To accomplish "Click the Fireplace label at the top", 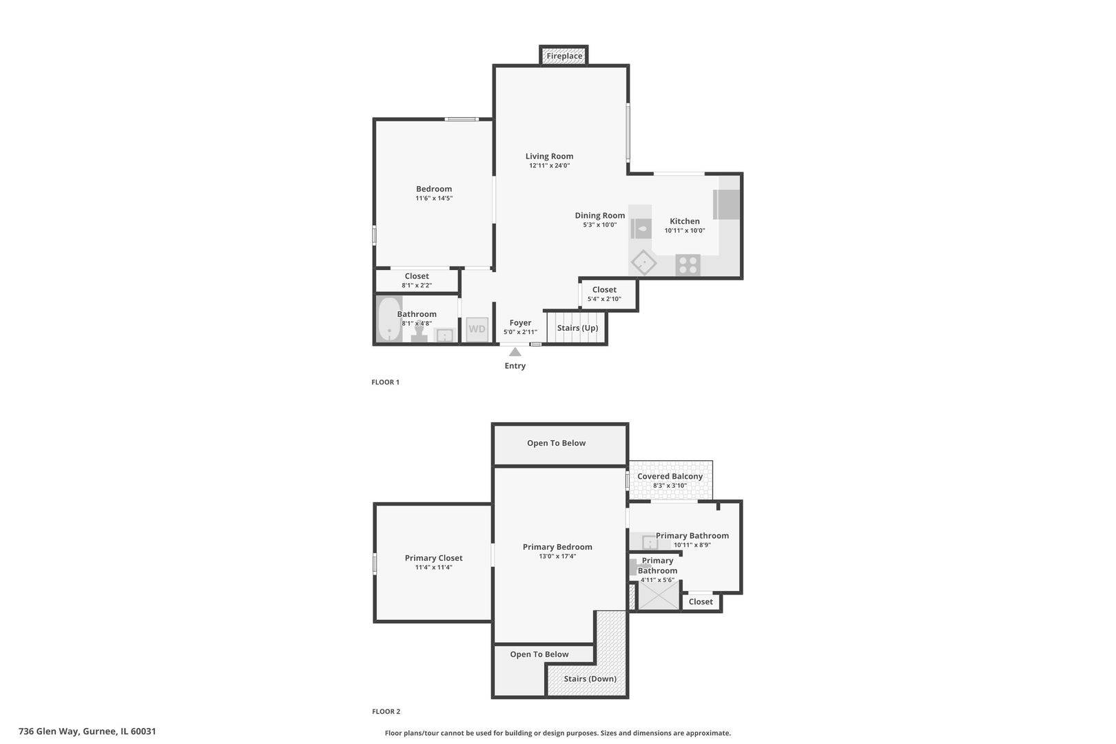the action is [x=564, y=56].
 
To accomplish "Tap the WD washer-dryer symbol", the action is [x=477, y=329].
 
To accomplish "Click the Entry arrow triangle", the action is [x=515, y=352].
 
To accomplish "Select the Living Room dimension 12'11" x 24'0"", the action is [x=549, y=165].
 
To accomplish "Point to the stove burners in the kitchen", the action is [x=688, y=265].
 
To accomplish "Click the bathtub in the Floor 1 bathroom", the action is [x=389, y=320].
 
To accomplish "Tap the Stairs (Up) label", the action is [x=577, y=328].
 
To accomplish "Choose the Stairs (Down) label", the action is [x=590, y=679].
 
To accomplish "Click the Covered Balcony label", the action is [x=670, y=477].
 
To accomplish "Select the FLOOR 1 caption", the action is [x=385, y=382].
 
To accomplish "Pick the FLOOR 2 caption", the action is [x=386, y=712].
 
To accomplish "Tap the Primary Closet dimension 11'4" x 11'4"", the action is [x=433, y=568].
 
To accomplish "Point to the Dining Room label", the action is [x=600, y=215].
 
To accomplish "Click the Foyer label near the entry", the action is [x=520, y=323].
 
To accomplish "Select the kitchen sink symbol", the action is [x=641, y=229].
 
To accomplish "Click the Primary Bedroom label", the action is [x=557, y=547].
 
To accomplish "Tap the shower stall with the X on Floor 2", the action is [x=659, y=595].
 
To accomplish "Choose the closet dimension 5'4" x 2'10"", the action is [x=604, y=299].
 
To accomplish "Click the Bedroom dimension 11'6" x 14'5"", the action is [x=434, y=198].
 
